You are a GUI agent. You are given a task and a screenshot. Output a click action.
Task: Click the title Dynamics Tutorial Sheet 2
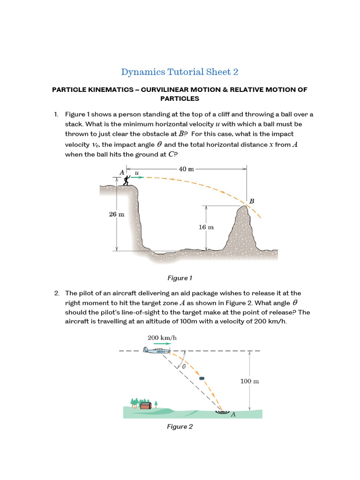click(x=180, y=72)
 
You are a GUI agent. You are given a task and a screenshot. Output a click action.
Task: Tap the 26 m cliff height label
click(x=117, y=214)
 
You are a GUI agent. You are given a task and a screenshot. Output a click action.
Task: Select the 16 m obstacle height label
click(x=206, y=227)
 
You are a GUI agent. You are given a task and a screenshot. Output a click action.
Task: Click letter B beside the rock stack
click(x=252, y=201)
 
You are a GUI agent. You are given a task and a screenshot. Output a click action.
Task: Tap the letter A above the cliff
click(x=122, y=172)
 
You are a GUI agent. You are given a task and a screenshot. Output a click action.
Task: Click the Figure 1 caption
click(x=180, y=278)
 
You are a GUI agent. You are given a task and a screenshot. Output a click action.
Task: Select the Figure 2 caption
click(x=180, y=426)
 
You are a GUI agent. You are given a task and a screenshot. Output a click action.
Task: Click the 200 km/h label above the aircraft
click(x=162, y=337)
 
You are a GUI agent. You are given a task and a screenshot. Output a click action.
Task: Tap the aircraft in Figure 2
click(x=157, y=350)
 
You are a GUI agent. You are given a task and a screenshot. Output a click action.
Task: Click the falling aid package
click(x=202, y=378)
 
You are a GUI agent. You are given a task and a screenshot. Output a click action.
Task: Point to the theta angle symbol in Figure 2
click(x=184, y=367)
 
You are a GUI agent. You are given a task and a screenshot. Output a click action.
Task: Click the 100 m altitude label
click(x=249, y=381)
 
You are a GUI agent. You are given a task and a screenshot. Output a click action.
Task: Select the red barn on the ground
click(x=146, y=405)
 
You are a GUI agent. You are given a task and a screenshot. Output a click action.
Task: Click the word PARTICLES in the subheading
click(x=180, y=98)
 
